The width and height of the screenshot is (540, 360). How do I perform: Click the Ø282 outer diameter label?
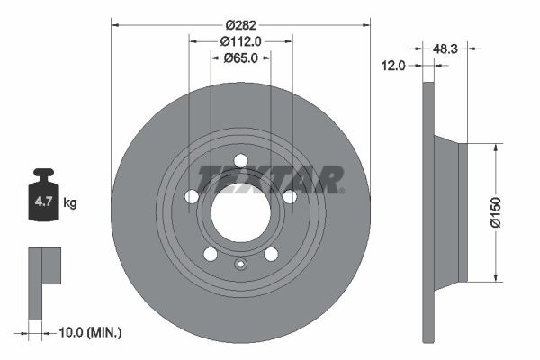click(241, 25)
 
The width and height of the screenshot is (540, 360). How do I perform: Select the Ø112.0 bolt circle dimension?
click(240, 41)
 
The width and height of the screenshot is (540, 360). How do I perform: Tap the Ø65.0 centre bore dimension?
click(240, 58)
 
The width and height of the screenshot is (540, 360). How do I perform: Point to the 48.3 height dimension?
click(445, 49)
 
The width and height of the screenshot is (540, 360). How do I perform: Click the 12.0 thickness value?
click(393, 65)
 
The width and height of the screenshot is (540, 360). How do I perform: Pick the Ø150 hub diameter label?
click(495, 212)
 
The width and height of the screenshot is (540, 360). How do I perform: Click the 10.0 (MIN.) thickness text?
click(90, 333)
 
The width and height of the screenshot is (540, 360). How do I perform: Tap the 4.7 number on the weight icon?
click(43, 202)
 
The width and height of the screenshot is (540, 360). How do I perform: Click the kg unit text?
click(70, 202)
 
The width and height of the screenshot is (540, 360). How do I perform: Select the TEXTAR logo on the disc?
click(270, 179)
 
